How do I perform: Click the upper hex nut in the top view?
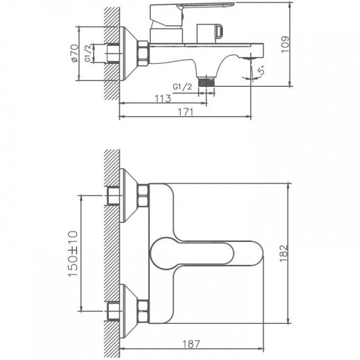pyautogui.click(x=143, y=197)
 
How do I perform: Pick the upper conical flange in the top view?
pyautogui.click(x=124, y=196)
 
